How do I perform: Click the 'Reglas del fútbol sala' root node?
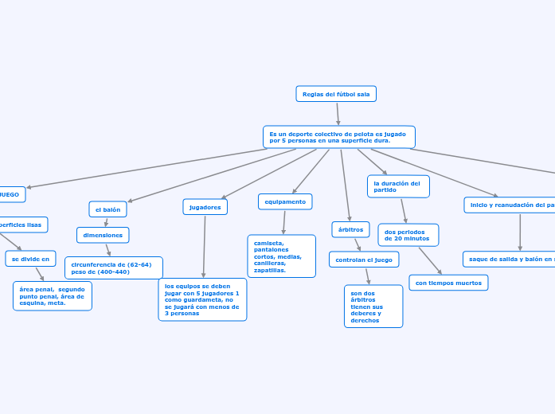pyautogui.click(x=335, y=94)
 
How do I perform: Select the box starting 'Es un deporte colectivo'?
pyautogui.click(x=338, y=137)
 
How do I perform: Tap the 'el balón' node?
pyautogui.click(x=107, y=209)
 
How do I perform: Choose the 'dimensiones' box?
pyautogui.click(x=103, y=235)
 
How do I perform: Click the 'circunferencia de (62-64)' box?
pyautogui.click(x=113, y=268)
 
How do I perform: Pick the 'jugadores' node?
pyautogui.click(x=205, y=207)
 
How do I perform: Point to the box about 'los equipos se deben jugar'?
pyautogui.click(x=202, y=299)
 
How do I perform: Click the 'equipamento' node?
pyautogui.click(x=285, y=201)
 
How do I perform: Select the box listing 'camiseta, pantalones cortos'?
pyautogui.click(x=281, y=256)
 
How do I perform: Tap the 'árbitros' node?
pyautogui.click(x=350, y=229)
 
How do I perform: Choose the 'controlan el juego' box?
pyautogui.click(x=364, y=260)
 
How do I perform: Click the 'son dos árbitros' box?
pyautogui.click(x=373, y=307)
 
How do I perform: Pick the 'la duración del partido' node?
pyautogui.click(x=398, y=186)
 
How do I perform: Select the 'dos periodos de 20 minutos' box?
pyautogui.click(x=408, y=235)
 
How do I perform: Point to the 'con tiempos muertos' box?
pyautogui.click(x=448, y=283)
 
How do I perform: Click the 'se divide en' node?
pyautogui.click(x=30, y=259)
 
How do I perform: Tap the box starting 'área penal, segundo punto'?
pyautogui.click(x=53, y=295)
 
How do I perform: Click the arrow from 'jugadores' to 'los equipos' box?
pyautogui.click(x=204, y=247)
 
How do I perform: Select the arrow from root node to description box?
pyautogui.click(x=338, y=114)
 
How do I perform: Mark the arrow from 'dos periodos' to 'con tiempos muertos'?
pyautogui.click(x=430, y=260)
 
